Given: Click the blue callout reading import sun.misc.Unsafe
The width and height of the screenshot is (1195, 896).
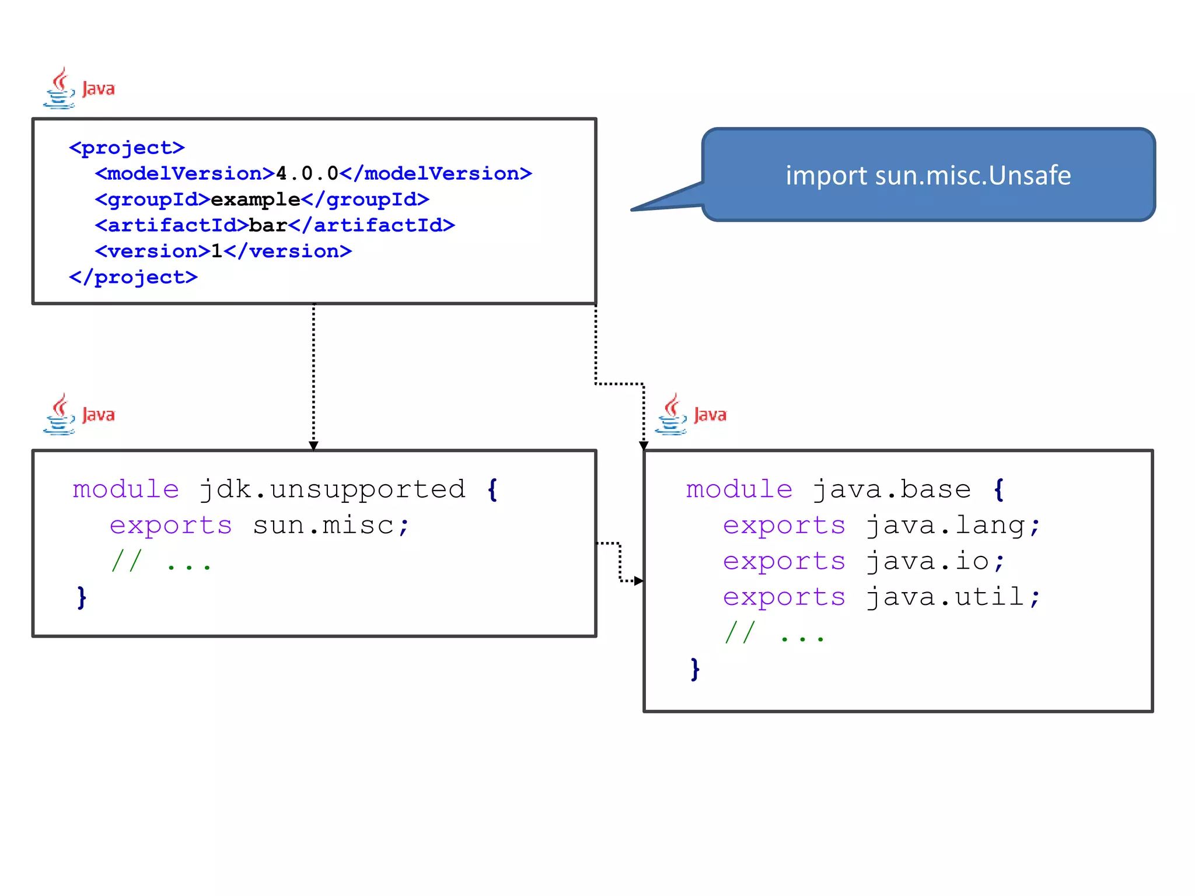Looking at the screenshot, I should (x=928, y=175).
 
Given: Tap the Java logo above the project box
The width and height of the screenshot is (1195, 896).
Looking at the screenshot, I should (x=79, y=88).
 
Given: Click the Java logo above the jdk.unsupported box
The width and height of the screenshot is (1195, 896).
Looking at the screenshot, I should (x=79, y=414).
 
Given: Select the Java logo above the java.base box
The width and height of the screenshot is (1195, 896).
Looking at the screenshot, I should (x=690, y=414).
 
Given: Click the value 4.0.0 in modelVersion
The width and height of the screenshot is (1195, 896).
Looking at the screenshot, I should (x=307, y=173).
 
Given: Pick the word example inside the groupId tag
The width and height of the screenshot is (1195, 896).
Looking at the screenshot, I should (x=255, y=199).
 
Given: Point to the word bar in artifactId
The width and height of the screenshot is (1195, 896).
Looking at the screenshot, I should (x=268, y=225).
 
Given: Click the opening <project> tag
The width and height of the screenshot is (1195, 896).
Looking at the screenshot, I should (x=127, y=148).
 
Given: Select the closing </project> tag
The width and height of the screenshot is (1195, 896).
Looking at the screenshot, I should (x=133, y=277).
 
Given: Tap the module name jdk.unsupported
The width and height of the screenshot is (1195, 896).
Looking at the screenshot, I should (x=332, y=489).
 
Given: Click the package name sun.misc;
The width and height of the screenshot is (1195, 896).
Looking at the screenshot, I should (x=331, y=525).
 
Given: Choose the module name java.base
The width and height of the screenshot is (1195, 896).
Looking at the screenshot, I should (x=892, y=489).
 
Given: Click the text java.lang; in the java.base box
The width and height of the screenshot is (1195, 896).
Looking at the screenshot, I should (x=953, y=525).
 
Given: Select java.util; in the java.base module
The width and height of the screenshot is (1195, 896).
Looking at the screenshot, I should (x=953, y=597).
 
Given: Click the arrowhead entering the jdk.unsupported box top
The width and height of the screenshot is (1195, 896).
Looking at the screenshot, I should (x=313, y=446).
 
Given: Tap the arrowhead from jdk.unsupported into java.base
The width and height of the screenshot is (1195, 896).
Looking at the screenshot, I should (x=638, y=580).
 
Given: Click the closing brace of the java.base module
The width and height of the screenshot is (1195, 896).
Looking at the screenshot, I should (x=694, y=669).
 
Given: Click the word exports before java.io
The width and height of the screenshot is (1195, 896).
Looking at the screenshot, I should (x=784, y=561).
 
